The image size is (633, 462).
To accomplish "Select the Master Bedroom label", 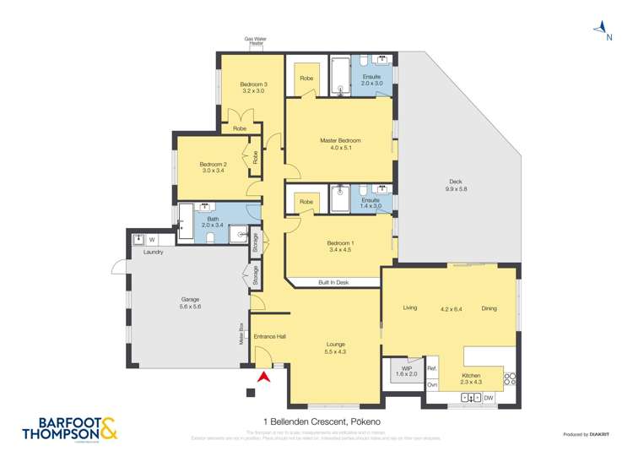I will (x=340, y=144).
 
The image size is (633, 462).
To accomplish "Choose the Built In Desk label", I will (x=333, y=282).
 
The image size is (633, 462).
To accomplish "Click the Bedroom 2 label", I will (x=214, y=167).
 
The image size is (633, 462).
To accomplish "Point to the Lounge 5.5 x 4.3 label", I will (x=335, y=347).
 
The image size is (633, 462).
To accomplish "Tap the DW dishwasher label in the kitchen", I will (x=489, y=397).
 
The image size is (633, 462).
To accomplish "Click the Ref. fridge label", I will (x=431, y=369).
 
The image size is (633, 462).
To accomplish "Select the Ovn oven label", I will (x=432, y=385).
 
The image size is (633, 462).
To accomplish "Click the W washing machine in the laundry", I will (x=152, y=240).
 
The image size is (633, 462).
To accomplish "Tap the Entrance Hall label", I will (x=270, y=337).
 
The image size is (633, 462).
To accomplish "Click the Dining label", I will (x=489, y=308).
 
